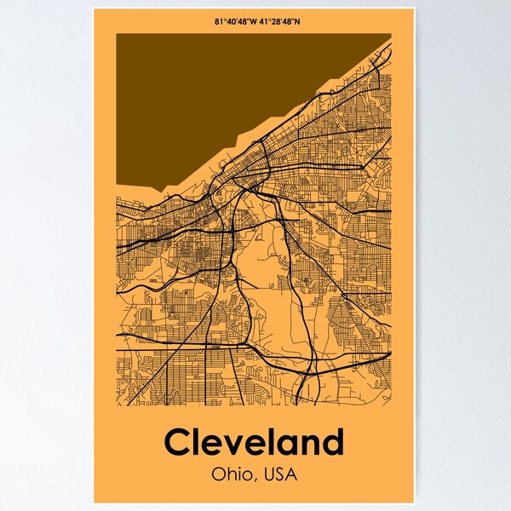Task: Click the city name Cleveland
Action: coord(254,443)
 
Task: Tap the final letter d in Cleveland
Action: coord(331,443)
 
